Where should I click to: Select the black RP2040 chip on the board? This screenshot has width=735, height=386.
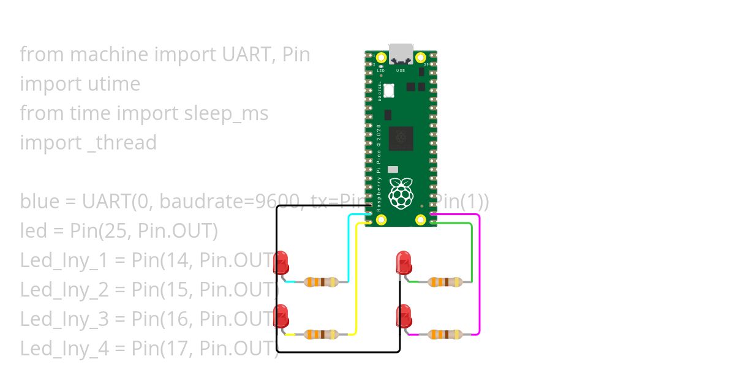[x=401, y=138]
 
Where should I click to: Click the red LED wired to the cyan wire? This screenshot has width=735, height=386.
[x=281, y=262]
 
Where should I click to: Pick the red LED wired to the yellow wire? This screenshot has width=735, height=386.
[x=281, y=316]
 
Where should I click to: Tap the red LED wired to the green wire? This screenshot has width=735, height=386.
[x=403, y=262]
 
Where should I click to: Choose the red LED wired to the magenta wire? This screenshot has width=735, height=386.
[x=403, y=316]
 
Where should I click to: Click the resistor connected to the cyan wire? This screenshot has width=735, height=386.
[x=321, y=282]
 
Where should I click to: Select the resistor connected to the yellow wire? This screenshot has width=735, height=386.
[x=321, y=335]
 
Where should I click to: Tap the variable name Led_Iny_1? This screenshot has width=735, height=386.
[x=64, y=260]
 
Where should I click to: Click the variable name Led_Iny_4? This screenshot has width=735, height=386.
[x=64, y=349]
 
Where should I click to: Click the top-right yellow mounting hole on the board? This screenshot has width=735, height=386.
[x=421, y=58]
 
